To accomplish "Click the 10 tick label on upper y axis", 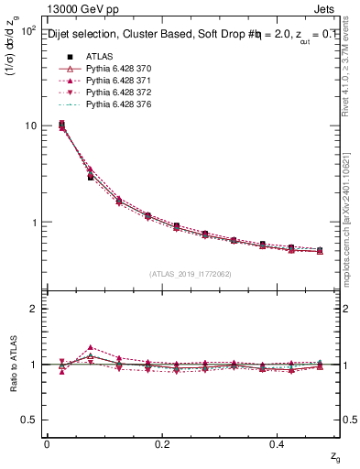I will pos(28,126).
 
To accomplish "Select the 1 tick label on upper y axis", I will pos(32,223).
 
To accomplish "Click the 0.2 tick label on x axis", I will pos(162,443).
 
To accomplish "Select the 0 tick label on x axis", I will pos(47,443).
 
